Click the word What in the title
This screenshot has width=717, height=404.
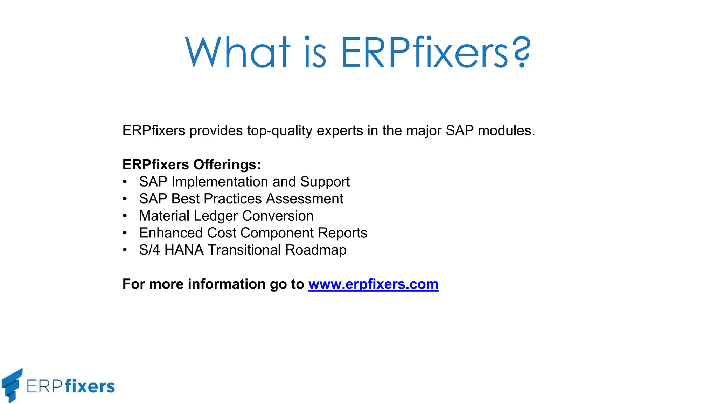(x=237, y=53)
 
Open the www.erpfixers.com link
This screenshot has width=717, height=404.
(x=373, y=284)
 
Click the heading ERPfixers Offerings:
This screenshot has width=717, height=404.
(x=192, y=164)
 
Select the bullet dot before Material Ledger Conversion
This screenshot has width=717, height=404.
(x=125, y=216)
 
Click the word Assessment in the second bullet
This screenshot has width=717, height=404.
(x=305, y=199)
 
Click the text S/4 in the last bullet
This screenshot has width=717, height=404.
(x=149, y=250)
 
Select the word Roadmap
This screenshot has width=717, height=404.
(x=316, y=250)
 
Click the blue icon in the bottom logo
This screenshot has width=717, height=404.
(x=12, y=385)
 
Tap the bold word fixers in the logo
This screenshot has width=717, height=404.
(x=90, y=386)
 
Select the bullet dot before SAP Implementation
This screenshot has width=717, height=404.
(x=125, y=182)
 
